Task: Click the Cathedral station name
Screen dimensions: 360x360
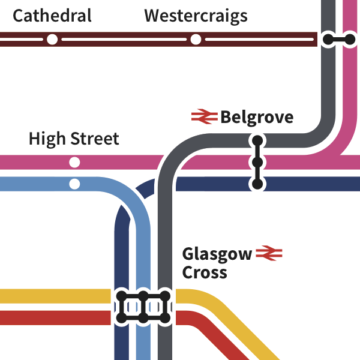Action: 52,16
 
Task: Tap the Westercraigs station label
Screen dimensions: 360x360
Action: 196,16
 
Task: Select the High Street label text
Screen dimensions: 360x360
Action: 74,139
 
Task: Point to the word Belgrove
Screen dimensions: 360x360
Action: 257,117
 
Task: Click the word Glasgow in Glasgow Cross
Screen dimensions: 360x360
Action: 217,254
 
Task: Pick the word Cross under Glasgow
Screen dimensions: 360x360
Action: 205,272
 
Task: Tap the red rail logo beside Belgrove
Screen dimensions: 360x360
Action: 204,116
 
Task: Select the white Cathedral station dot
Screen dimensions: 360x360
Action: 52,40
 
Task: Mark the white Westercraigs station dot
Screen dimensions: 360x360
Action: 196,40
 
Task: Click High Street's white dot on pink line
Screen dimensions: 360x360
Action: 74,162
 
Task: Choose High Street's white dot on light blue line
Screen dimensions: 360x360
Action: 74,184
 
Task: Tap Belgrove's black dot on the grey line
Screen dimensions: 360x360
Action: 257,141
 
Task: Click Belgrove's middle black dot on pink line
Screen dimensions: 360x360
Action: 257,163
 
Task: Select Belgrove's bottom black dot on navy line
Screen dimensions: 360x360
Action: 257,184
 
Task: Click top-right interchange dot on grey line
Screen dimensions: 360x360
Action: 328,40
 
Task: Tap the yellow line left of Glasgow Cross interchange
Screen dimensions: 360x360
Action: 54,296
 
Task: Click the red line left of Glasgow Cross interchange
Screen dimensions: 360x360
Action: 54,317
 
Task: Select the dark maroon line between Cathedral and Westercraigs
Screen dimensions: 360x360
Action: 123,40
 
